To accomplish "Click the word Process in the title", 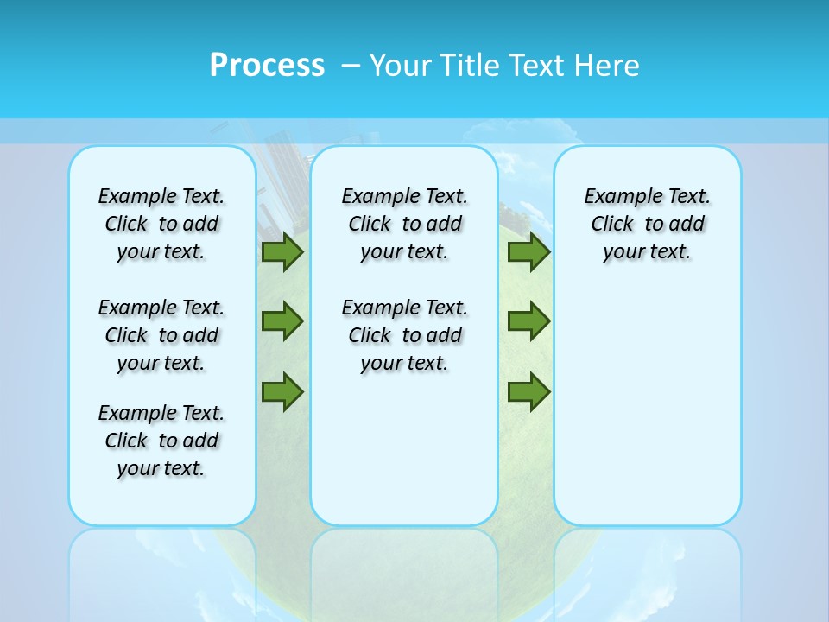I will (267, 66).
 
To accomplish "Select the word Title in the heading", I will (471, 66).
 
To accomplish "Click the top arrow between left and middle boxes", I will (282, 252).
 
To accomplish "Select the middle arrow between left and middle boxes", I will (282, 321).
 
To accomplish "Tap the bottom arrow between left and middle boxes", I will (282, 391).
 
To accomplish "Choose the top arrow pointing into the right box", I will (528, 252).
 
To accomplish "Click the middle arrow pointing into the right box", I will (528, 321).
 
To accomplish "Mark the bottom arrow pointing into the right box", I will (528, 391).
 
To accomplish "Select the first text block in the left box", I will (161, 224).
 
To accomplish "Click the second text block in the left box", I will (161, 335).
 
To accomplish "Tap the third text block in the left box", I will (161, 441).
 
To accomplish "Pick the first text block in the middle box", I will (404, 224).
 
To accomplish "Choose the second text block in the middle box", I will (404, 335).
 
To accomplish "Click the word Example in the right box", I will (617, 197).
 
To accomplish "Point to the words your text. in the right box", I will (647, 252).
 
